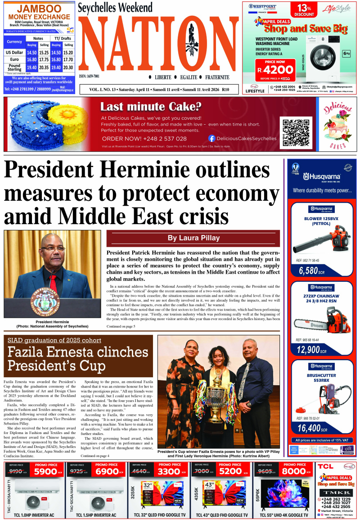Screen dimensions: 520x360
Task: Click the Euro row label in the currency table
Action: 14,59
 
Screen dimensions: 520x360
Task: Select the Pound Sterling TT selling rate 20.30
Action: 68,67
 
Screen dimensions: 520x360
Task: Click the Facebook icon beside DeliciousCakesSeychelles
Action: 211,139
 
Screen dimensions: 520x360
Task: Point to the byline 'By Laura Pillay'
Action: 193,238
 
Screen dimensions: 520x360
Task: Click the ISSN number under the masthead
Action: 90,77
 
